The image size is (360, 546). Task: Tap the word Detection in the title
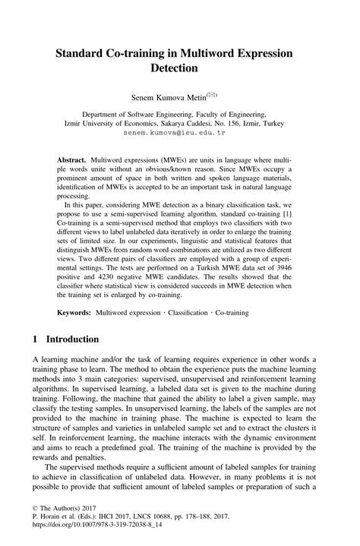coord(179,68)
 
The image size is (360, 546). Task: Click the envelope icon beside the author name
coord(213,94)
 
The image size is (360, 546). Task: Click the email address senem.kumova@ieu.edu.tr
coord(179,132)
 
